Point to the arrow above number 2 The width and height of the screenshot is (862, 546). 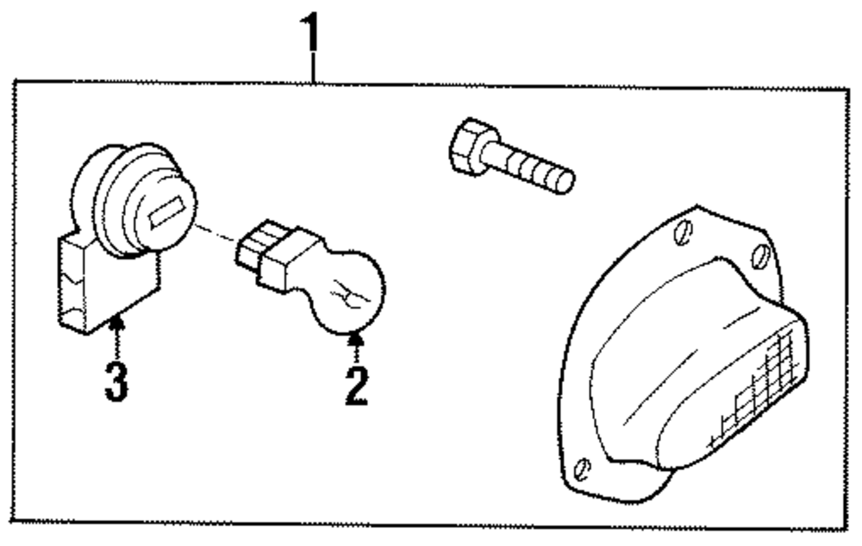[x=353, y=347]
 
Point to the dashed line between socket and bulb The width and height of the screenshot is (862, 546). [x=215, y=234]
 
